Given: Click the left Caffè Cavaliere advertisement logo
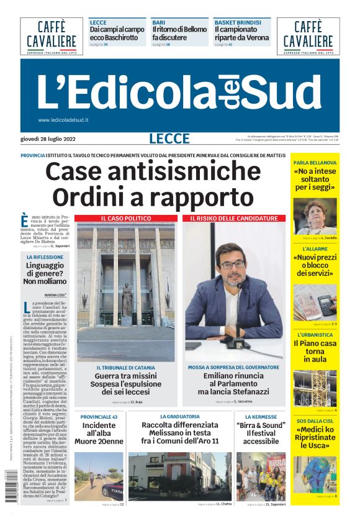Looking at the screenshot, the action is [51, 36].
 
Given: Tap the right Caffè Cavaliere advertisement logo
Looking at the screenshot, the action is [308, 36].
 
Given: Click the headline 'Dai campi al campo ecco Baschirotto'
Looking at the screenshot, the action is [117, 33].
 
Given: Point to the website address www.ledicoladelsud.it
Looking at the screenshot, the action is [63, 120].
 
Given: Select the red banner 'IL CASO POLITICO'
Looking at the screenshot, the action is [126, 219].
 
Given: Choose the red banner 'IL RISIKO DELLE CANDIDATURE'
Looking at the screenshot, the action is [234, 219].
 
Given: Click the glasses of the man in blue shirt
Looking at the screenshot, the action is [233, 265].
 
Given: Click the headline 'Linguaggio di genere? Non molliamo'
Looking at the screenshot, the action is [45, 273].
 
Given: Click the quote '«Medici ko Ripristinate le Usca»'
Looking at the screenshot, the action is [315, 437].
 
